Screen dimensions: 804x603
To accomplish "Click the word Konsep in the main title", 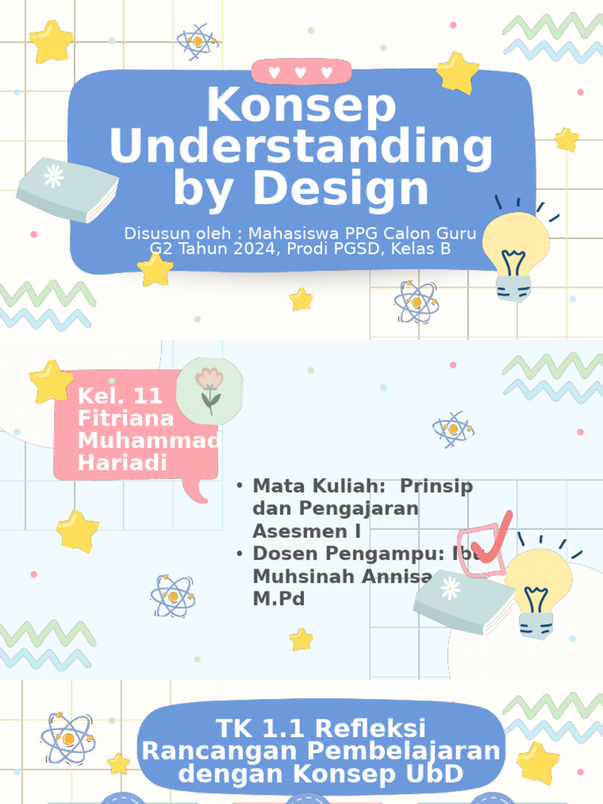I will coord(301,106).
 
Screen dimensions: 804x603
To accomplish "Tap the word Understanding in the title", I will coord(301,147).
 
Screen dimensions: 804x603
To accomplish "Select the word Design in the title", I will coord(345,188).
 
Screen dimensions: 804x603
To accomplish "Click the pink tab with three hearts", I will coord(301,72).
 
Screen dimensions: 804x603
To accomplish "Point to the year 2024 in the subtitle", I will coord(236,249).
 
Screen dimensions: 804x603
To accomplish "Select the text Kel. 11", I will coord(120,396).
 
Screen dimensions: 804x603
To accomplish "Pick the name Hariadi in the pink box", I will coord(122,462).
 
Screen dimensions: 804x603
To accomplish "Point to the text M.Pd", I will coord(279,598).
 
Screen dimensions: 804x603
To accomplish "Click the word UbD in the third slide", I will coord(431,775).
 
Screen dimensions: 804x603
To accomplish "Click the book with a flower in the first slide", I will coord(68,188).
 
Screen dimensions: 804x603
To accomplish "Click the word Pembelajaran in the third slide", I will coord(404,751).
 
